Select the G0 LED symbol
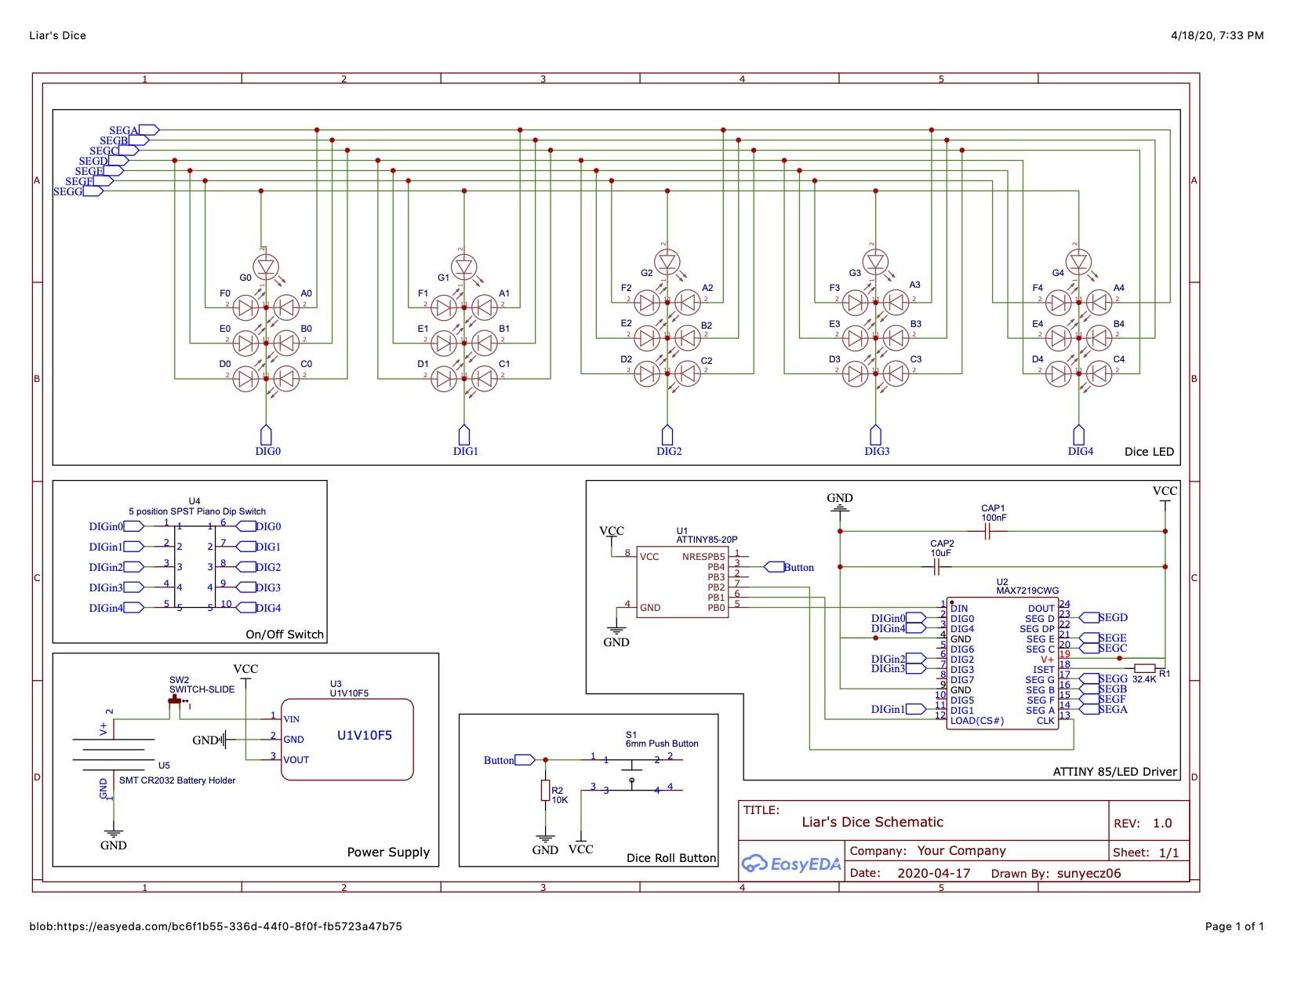click(x=266, y=267)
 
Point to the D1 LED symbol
click(x=445, y=379)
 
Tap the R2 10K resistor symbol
click(x=545, y=791)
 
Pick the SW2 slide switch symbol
click(x=176, y=706)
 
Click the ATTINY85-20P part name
click(x=706, y=540)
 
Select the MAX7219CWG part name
click(x=1027, y=591)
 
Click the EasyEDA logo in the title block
click(x=791, y=864)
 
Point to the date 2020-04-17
click(x=933, y=873)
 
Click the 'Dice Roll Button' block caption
click(x=671, y=858)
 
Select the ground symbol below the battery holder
click(x=114, y=835)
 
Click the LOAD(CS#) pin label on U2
click(x=976, y=721)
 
